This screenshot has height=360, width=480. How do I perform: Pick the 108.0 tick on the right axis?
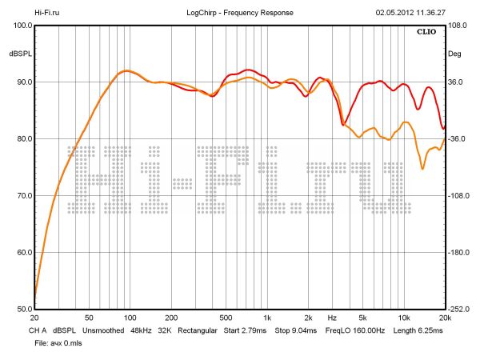coord(457,25)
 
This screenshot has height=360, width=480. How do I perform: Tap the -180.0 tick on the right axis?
coord(458,253)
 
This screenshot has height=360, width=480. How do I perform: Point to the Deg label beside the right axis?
coord(454,54)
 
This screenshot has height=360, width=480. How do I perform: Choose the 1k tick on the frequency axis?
coord(267,317)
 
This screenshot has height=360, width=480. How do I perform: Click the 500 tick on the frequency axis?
coord(226,317)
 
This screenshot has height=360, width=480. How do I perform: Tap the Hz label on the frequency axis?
coord(331,317)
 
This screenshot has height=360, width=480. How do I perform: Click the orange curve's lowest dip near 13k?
coord(422,168)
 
